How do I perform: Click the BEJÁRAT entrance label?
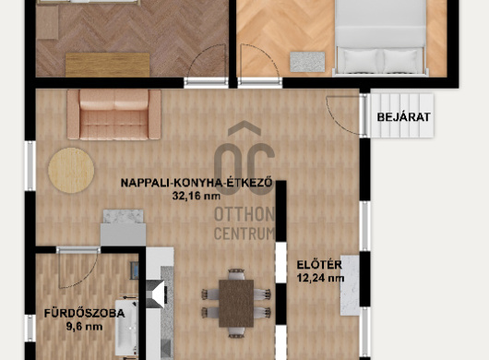click(403, 117)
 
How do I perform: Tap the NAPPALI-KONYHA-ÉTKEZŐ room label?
click(197, 183)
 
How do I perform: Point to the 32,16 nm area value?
click(197, 196)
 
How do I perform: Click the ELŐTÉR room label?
click(319, 265)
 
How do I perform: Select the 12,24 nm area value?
click(320, 278)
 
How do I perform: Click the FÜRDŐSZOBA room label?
click(84, 313)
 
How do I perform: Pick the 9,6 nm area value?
click(84, 327)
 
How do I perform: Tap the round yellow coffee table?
click(71, 171)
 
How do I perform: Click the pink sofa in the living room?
click(113, 114)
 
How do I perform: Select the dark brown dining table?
click(236, 303)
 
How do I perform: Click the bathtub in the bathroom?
click(126, 328)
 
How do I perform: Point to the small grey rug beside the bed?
click(307, 62)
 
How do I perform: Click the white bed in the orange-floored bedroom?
click(380, 38)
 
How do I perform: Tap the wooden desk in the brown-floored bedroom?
click(108, 65)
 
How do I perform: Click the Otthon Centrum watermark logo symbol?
click(244, 158)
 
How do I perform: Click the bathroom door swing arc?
click(82, 275)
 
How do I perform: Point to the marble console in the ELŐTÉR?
click(350, 285)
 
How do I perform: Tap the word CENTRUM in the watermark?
click(244, 234)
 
